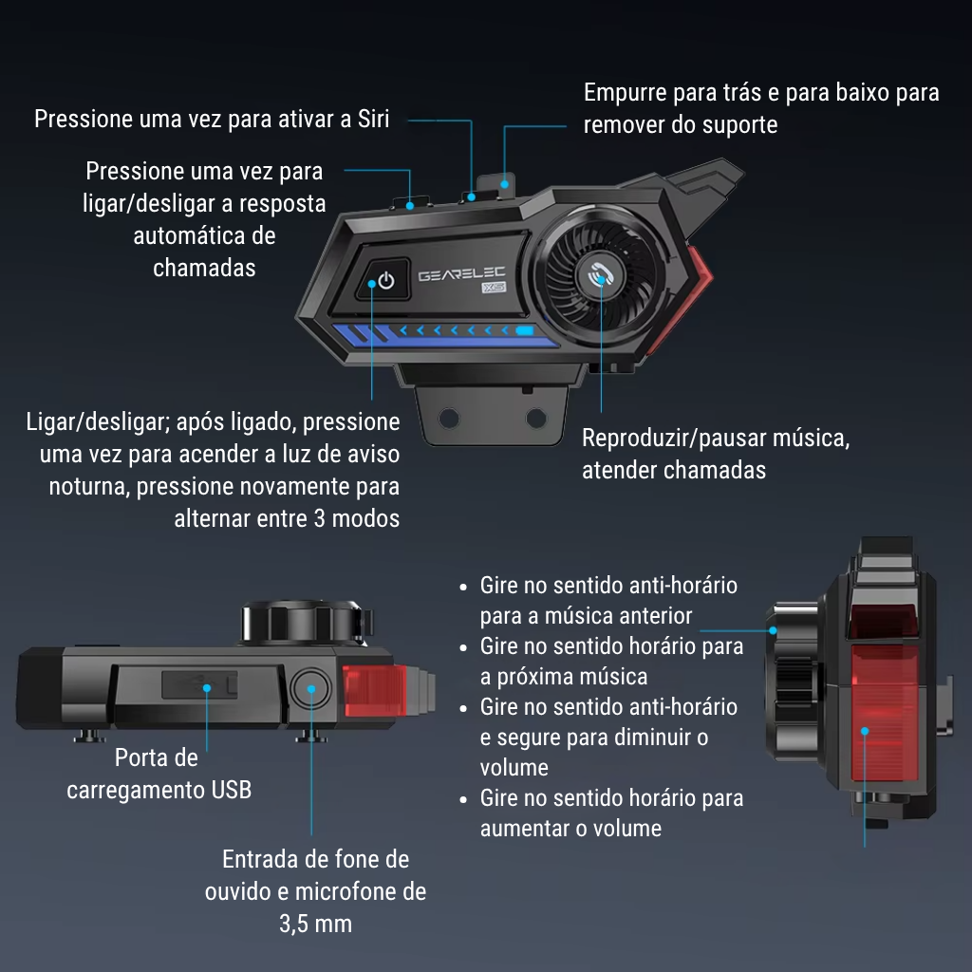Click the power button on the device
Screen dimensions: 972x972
point(383,280)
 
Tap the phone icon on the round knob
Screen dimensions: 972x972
point(600,275)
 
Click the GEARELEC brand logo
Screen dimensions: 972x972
point(462,274)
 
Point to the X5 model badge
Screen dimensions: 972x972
point(494,287)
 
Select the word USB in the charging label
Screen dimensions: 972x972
point(232,790)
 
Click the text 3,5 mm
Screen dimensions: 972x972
point(315,924)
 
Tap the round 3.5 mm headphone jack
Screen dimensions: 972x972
point(311,689)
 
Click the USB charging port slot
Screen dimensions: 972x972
point(199,685)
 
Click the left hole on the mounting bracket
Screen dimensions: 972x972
point(449,418)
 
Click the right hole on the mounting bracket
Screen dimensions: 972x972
point(536,418)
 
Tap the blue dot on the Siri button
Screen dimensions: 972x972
point(472,197)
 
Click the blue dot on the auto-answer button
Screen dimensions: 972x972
point(410,206)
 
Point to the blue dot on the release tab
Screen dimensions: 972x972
point(505,184)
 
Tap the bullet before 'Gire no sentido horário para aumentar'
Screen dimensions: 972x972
point(463,799)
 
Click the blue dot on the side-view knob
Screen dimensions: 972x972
point(773,630)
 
